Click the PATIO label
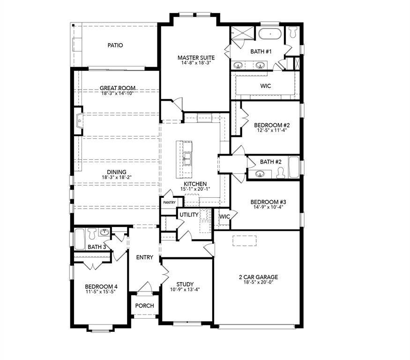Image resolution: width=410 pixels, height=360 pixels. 115,45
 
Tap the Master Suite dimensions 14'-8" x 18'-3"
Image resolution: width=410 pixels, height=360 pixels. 196,63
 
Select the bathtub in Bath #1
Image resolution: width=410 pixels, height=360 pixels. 270,34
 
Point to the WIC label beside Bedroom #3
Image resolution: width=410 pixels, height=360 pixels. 224,217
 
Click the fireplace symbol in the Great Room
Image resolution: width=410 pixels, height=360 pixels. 79,121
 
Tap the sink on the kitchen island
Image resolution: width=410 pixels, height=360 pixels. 187,159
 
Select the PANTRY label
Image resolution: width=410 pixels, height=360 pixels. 169,202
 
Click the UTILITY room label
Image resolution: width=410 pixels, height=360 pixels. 188,215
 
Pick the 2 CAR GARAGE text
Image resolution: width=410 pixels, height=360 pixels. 258,277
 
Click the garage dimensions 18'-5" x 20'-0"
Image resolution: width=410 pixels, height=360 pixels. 258,282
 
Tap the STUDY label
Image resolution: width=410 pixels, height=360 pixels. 185,284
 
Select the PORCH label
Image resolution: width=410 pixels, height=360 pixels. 144,306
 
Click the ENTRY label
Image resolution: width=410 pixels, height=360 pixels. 144,257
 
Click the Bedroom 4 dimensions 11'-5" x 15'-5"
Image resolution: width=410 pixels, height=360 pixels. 101,292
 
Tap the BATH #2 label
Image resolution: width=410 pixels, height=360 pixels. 271,162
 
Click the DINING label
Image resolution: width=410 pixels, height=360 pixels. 116,172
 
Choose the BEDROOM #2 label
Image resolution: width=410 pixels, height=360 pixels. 272,125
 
